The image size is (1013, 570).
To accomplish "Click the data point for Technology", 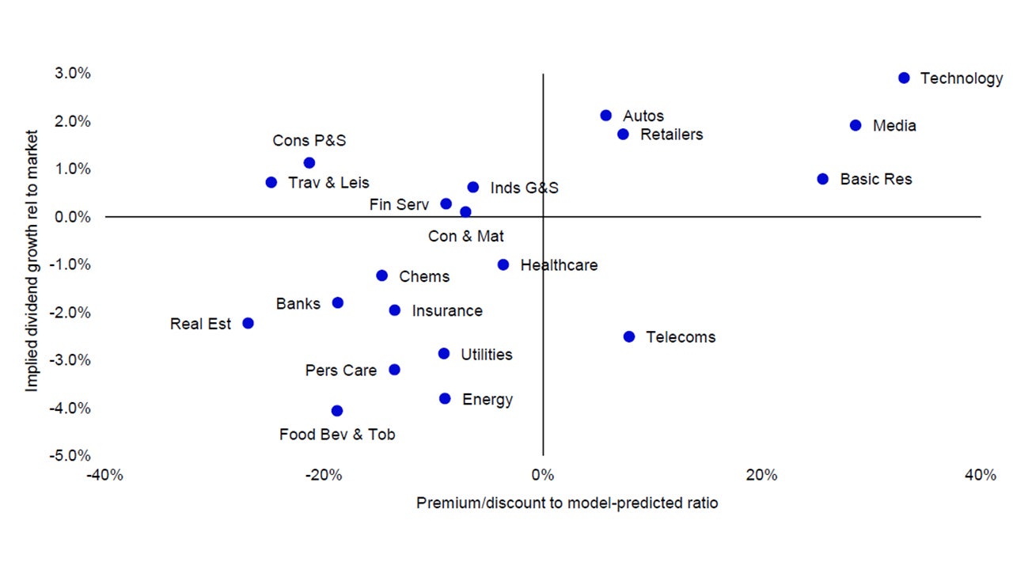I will point(904,78).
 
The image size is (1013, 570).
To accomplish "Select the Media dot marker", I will point(856,125).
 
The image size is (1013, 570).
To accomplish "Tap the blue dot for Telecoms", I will point(629,336).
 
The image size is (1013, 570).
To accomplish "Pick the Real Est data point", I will point(248,323).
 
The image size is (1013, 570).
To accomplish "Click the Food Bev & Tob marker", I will point(337,410).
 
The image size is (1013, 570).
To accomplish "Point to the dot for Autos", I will point(606,116).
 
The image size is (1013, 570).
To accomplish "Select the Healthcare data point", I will point(503,264).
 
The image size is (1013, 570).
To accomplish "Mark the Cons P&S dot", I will point(309,162).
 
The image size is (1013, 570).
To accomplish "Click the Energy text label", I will point(487,400).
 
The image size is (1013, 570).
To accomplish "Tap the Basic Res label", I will point(875,180).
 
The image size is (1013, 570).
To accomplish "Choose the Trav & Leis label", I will point(328,183).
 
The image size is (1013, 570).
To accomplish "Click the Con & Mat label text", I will point(465,236).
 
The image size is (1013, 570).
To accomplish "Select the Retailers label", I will point(671,135).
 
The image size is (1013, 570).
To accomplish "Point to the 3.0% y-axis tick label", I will point(74,74).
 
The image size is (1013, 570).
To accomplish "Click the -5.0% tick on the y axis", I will point(72,456).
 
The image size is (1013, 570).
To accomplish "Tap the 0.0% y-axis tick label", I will point(74,217).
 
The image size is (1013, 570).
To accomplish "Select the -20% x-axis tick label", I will point(324,475).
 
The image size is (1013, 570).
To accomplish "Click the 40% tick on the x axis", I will point(980,475).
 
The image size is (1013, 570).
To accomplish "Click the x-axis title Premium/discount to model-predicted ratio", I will point(567,503).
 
